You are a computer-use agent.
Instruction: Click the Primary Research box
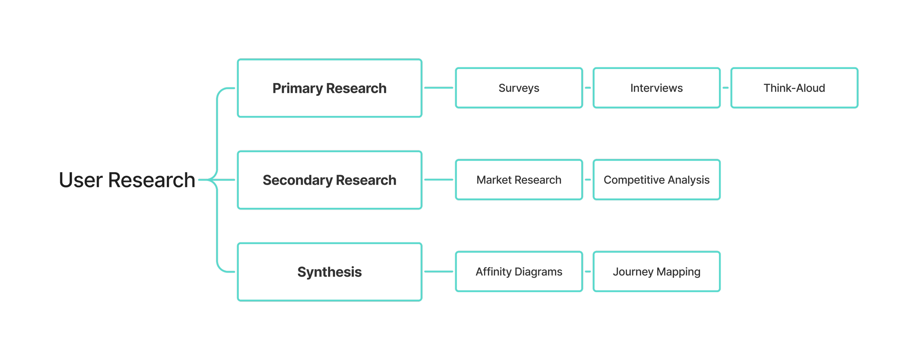[329, 88]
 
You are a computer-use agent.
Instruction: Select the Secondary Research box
[329, 180]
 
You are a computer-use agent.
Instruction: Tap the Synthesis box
[329, 272]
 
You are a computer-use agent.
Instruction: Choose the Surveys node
[519, 88]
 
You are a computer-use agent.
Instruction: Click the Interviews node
[657, 88]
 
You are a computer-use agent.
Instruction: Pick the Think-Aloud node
[794, 88]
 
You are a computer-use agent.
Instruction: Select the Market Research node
[519, 180]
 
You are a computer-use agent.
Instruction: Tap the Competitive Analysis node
[657, 180]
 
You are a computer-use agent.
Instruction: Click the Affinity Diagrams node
[519, 272]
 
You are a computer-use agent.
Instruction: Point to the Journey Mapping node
[657, 272]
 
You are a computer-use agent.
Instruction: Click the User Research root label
[127, 180]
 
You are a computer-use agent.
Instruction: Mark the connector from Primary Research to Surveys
[438, 88]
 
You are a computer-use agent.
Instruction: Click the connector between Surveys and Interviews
[588, 88]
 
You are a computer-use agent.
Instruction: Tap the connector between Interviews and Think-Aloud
[726, 88]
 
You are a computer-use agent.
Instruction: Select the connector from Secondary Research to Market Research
[438, 180]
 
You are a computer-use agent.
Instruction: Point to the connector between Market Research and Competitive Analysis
[588, 180]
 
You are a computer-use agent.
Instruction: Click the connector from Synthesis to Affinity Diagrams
[438, 272]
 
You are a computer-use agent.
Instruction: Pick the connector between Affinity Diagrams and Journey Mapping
[588, 272]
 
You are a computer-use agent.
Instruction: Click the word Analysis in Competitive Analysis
[688, 180]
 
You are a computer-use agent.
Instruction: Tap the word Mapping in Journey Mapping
[678, 272]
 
